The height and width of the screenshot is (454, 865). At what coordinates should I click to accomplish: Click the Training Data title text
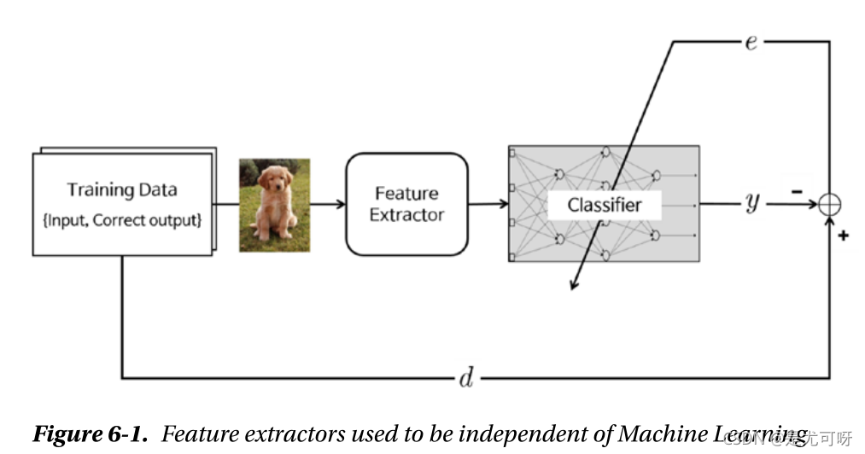121,189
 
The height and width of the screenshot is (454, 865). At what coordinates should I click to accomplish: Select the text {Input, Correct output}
121,220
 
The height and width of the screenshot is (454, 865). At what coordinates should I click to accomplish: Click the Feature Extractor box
406,204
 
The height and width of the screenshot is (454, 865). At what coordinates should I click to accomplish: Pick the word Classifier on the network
605,205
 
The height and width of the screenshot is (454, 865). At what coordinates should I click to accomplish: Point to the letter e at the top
751,42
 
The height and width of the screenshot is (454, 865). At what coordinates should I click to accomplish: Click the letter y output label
752,203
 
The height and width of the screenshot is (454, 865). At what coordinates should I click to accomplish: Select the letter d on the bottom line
465,378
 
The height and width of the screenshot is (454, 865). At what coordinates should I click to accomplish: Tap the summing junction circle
829,204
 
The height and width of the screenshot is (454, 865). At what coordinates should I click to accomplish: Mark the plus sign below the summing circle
843,234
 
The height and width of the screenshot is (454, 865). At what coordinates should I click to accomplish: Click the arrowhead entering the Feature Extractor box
341,204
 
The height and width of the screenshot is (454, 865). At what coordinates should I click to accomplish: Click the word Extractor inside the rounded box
406,214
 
